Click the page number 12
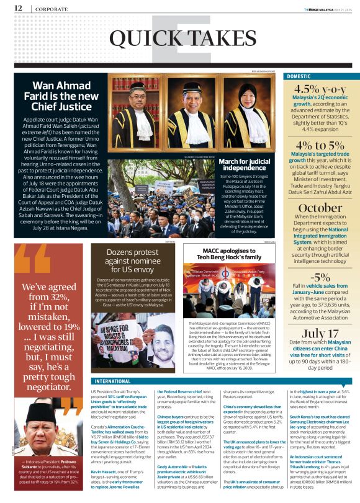(x=18, y=8)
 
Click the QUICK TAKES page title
(x=180, y=38)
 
